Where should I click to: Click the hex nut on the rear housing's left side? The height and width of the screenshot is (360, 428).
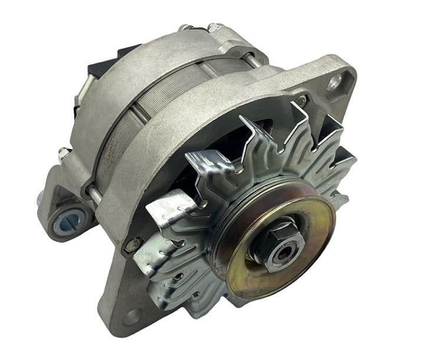pos(63,154)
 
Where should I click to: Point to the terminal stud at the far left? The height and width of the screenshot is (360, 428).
pos(41,201)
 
